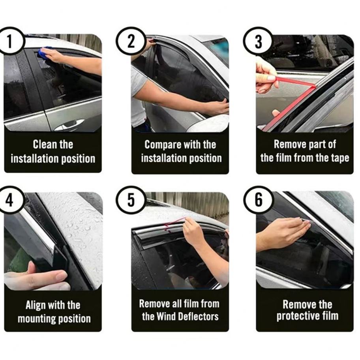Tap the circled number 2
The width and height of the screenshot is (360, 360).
coord(131,41)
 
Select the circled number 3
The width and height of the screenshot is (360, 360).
coord(258,41)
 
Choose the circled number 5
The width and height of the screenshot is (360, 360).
coord(131,200)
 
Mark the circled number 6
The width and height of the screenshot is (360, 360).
coord(258,200)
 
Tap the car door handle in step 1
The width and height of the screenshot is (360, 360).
coord(69,124)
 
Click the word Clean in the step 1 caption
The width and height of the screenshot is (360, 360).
coord(45,144)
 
